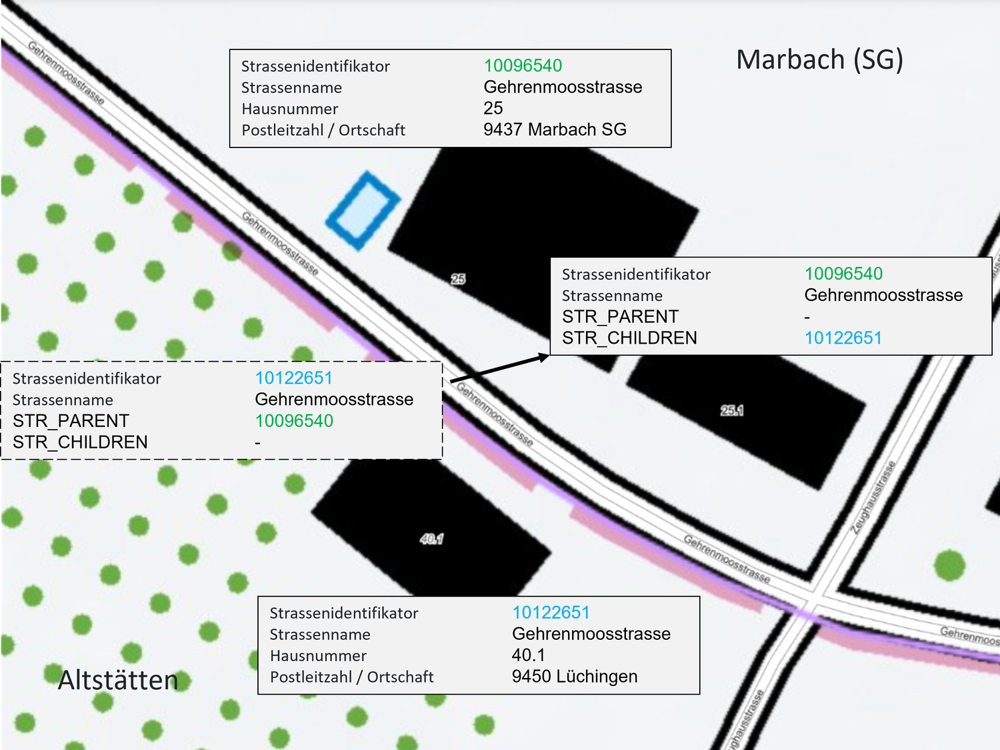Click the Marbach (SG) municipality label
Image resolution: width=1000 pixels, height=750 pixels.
click(x=819, y=60)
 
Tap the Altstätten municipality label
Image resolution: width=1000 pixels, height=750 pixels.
click(x=118, y=681)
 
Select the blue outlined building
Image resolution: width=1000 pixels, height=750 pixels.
click(x=363, y=210)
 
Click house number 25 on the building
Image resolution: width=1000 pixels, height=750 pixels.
click(x=458, y=279)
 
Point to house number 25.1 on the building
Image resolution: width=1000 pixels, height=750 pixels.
click(x=731, y=410)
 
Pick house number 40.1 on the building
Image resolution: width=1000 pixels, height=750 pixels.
click(x=432, y=538)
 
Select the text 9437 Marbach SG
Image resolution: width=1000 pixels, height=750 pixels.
click(x=555, y=129)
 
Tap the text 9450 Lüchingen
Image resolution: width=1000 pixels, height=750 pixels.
click(x=574, y=677)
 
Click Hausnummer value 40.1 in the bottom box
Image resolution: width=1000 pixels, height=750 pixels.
click(x=528, y=655)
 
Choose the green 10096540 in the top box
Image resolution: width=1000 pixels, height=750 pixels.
click(x=523, y=65)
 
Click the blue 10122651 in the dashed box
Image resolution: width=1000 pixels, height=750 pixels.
click(x=293, y=378)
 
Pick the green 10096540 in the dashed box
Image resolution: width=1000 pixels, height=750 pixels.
click(x=294, y=421)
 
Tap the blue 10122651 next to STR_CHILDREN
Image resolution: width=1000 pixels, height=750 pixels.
click(x=843, y=338)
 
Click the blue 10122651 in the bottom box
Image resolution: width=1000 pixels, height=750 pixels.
click(x=551, y=613)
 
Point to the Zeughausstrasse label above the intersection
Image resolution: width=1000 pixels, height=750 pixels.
click(x=873, y=497)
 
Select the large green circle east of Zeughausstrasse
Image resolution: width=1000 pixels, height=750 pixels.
click(x=949, y=566)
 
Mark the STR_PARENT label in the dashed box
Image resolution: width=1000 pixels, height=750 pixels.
click(x=71, y=421)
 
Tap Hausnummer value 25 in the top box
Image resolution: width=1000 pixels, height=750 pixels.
click(x=493, y=108)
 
